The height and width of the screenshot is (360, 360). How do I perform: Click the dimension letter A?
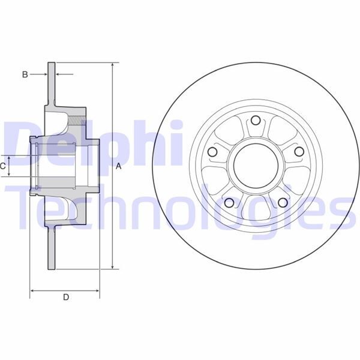click(119, 166)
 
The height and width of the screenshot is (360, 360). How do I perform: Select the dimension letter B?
click(25, 74)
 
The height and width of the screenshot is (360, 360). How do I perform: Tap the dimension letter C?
click(3, 165)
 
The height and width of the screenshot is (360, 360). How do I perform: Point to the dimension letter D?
click(66, 296)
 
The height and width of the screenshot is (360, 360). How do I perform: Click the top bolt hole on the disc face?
click(254, 120)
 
